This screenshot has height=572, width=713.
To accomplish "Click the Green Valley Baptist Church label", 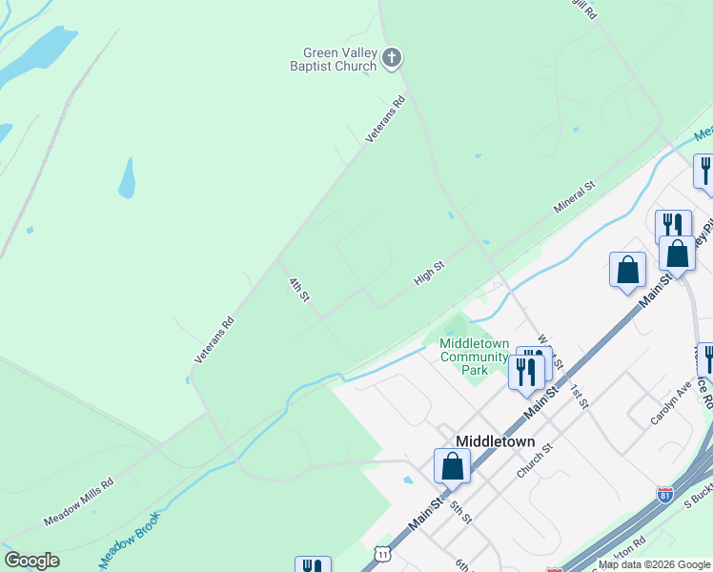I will tap(340, 59).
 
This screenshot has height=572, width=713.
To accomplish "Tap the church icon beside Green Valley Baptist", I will tap(391, 59).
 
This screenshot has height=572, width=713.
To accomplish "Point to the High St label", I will tap(430, 274).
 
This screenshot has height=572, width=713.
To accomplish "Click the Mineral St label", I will tap(575, 195).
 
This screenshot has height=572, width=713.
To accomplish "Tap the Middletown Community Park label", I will tap(474, 357).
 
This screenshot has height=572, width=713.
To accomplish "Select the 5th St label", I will tap(460, 512).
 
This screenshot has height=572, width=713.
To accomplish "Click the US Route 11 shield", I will tap(383, 553).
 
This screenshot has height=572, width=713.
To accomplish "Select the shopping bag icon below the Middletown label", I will tap(452, 466).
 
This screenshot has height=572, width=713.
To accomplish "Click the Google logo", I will tap(31, 561).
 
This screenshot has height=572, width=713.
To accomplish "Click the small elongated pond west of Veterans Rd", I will tap(127, 178).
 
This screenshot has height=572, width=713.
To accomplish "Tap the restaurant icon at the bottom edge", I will tap(313, 565).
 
